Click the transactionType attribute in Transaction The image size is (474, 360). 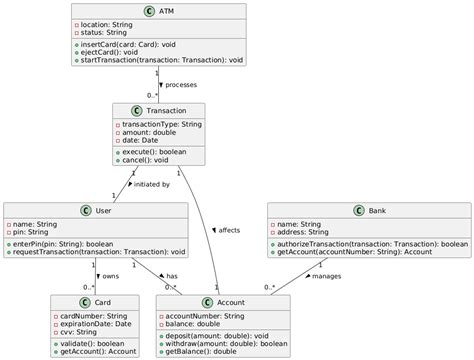click(x=162, y=125)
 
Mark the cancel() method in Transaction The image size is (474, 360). click(x=147, y=160)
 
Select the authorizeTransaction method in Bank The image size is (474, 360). click(x=370, y=243)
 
